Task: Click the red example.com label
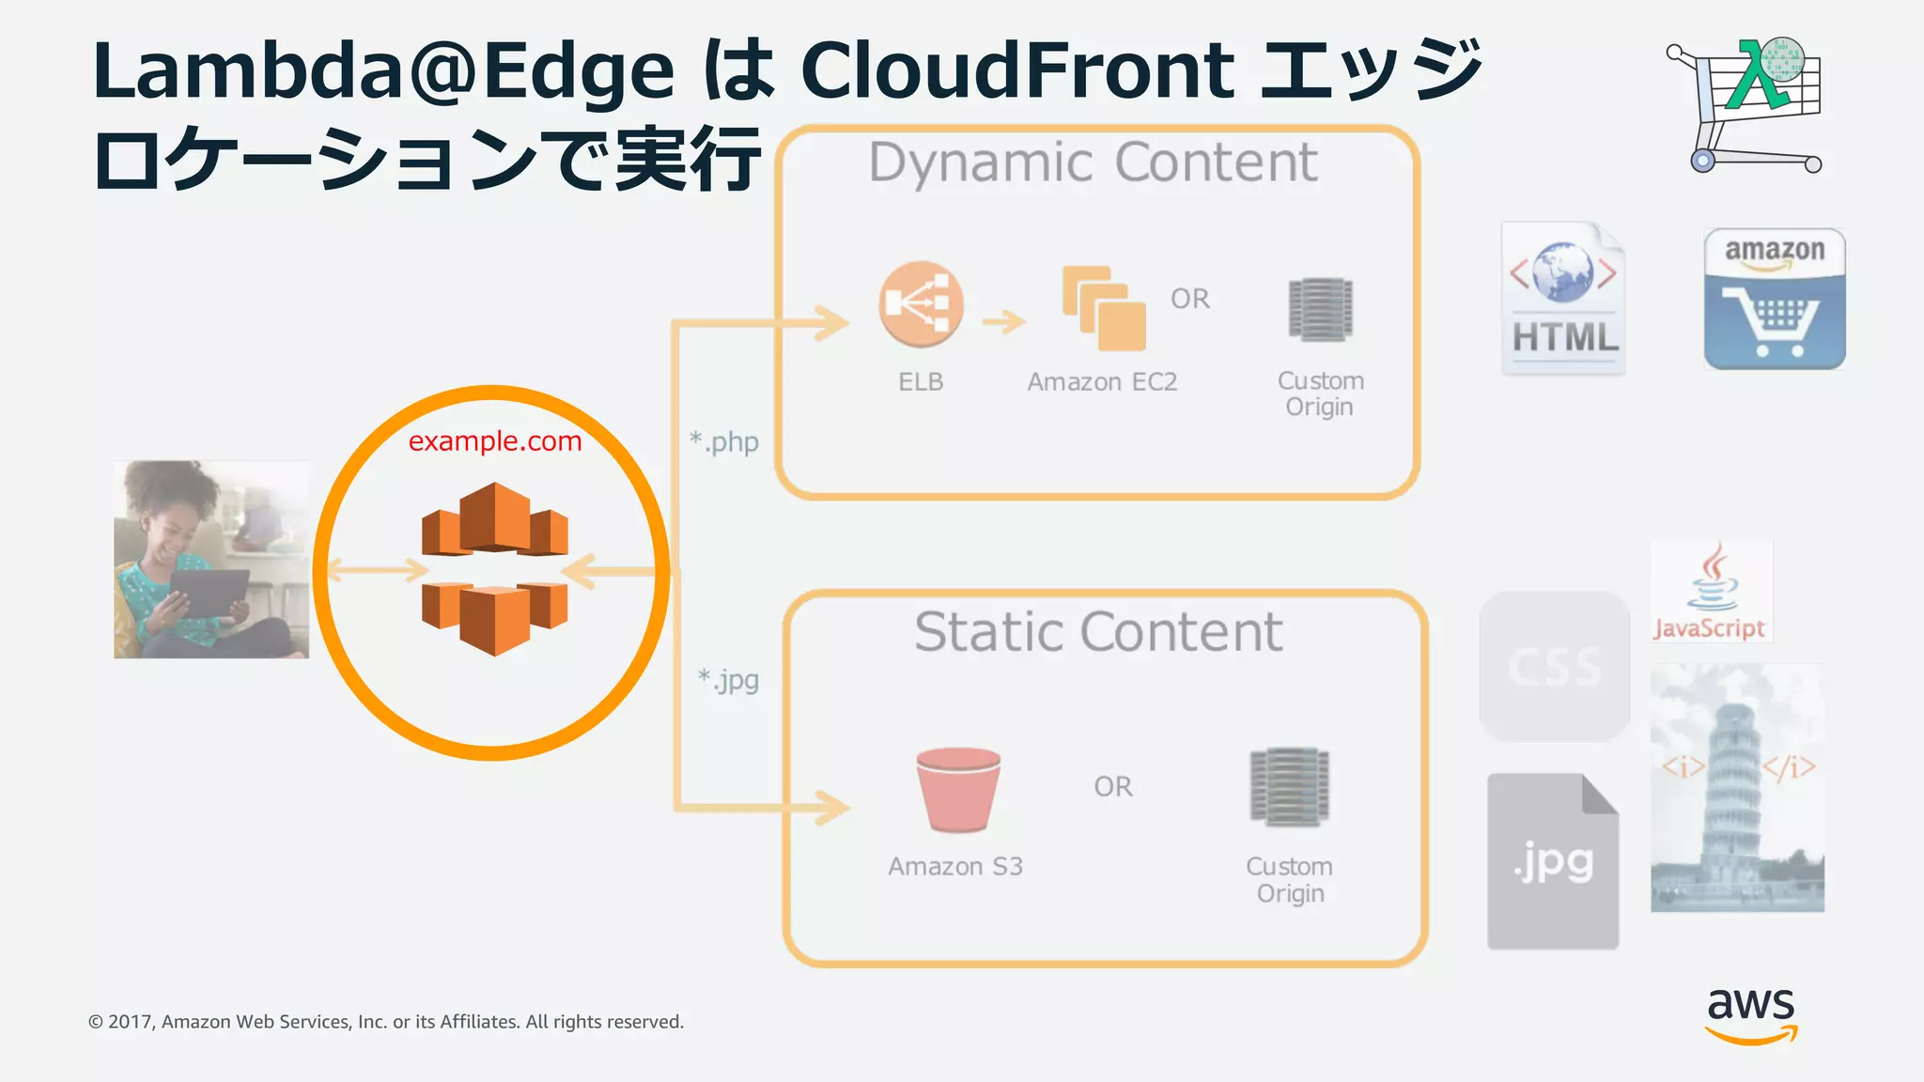coord(495,441)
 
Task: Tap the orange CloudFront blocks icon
coord(494,568)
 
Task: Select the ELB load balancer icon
coord(921,304)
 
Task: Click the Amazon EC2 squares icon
coord(1104,308)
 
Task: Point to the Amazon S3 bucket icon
coord(957,789)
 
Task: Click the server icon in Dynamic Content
coord(1320,309)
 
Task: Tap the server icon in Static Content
coord(1289,786)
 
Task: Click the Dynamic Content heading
coord(1093,162)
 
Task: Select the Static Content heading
coord(1098,631)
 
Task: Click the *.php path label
coord(723,441)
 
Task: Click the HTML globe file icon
coord(1563,298)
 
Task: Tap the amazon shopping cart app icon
coord(1775,299)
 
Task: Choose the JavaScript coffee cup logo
coord(1712,591)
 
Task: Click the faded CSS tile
coord(1554,666)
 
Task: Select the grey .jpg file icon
coord(1553,861)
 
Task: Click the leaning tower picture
coord(1737,787)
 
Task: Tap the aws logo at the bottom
coord(1751,1013)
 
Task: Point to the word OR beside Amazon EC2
coord(1189,299)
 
